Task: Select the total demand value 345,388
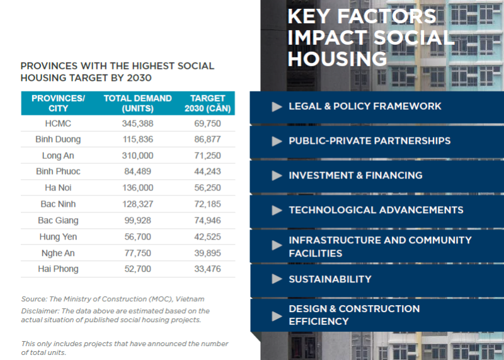137,123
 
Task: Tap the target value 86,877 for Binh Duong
208,139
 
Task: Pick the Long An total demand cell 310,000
137,156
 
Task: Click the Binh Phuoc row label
58,171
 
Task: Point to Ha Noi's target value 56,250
208,188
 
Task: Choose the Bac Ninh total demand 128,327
137,204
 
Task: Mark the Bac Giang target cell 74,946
208,221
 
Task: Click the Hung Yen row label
58,236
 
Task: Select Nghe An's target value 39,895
208,253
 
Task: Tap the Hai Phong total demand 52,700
137,269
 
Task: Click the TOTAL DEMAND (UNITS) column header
137,103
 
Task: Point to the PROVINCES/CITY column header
58,103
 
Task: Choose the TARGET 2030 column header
208,103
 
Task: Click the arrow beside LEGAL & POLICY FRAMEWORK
277,107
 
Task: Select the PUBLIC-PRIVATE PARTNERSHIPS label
369,141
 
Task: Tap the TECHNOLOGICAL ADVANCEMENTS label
375,210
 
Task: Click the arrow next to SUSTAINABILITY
277,279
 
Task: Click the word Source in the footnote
33,299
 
